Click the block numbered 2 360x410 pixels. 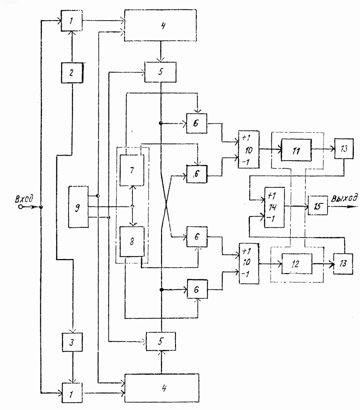[x=72, y=73]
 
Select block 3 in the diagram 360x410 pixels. [x=72, y=342]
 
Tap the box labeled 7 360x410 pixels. [x=132, y=170]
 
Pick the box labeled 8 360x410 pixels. [x=132, y=241]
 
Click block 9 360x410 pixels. [x=78, y=207]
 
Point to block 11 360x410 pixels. [x=296, y=150]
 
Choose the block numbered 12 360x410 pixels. [x=297, y=264]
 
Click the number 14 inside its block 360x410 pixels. [x=272, y=207]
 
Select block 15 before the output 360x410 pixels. [x=318, y=206]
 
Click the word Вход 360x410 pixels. [x=24, y=199]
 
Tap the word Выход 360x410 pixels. [x=344, y=198]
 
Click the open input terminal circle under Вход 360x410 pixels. [x=20, y=207]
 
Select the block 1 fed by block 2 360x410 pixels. [x=72, y=21]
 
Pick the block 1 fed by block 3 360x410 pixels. [x=72, y=393]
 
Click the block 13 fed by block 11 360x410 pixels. [x=344, y=149]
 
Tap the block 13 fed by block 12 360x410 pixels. [x=343, y=264]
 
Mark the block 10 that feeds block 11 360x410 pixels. [x=249, y=149]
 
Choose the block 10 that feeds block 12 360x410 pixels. [x=249, y=263]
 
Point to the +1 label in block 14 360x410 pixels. [x=272, y=196]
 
